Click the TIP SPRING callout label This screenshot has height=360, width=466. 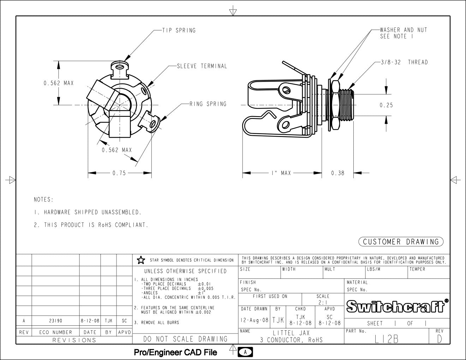179,30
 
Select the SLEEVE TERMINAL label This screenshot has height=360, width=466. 202,66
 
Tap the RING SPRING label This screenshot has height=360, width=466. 208,104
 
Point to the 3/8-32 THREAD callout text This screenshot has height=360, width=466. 404,62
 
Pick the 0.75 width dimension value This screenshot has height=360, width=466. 119,173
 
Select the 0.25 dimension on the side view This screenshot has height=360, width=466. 386,105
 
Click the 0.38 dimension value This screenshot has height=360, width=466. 337,173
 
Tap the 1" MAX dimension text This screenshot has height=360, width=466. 281,173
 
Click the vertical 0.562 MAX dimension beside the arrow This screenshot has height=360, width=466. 59,83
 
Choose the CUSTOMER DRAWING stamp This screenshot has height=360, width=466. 401,242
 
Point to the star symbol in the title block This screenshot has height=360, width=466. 141,260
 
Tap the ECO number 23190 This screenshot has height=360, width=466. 55,321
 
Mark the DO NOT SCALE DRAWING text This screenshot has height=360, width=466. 185,339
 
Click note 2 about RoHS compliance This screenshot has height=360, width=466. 91,225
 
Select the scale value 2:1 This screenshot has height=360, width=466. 322,302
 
